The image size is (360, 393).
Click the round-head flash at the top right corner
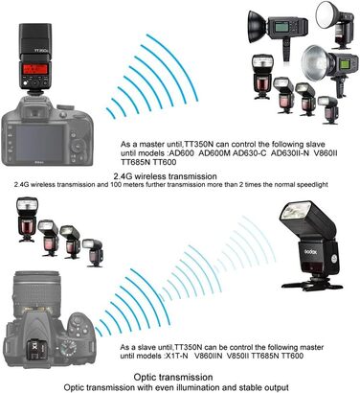[327, 20]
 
